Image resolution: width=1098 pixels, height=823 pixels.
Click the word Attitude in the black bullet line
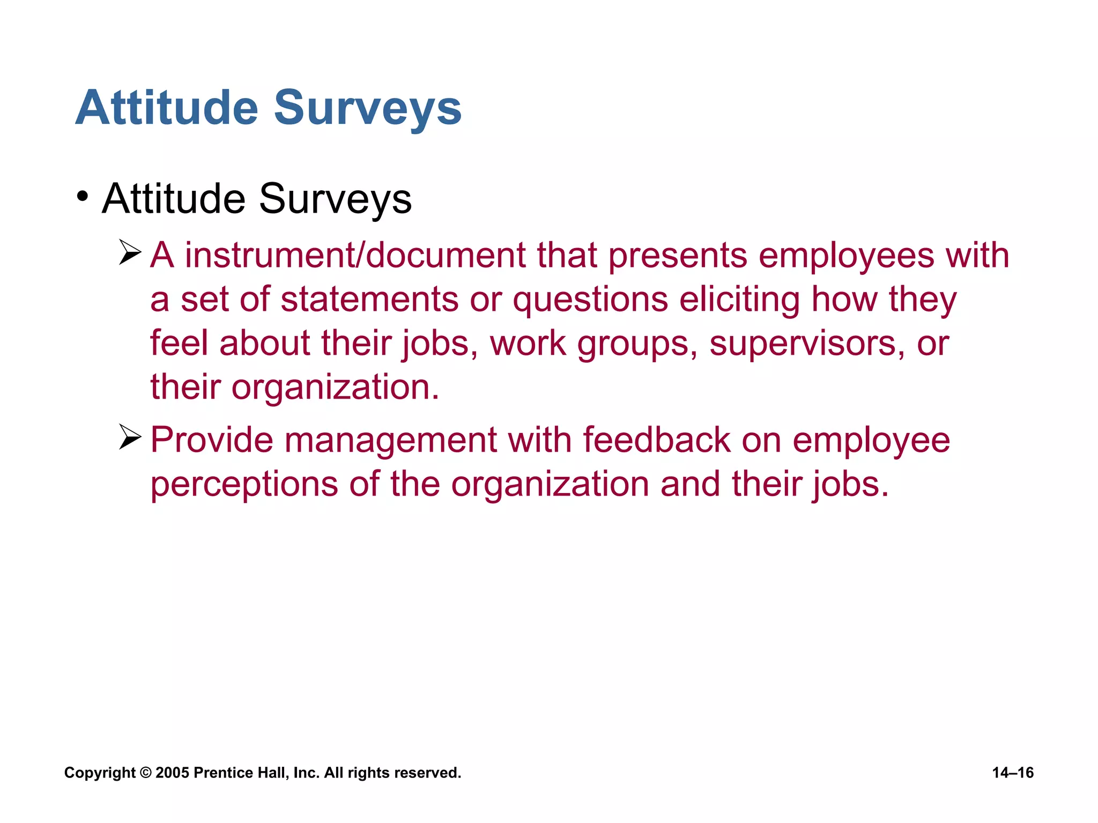pos(174,199)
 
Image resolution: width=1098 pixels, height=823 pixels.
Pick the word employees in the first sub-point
pos(847,256)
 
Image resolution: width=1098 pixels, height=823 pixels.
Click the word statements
pos(369,299)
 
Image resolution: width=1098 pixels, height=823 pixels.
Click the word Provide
pos(212,440)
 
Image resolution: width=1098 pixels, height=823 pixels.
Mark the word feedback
pos(656,440)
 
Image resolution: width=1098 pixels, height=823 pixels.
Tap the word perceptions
pos(244,484)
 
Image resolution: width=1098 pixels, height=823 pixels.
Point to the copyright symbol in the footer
pos(145,773)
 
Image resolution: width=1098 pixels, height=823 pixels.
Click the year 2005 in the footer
pos(172,773)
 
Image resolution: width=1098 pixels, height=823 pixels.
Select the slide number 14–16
pos(1013,773)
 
